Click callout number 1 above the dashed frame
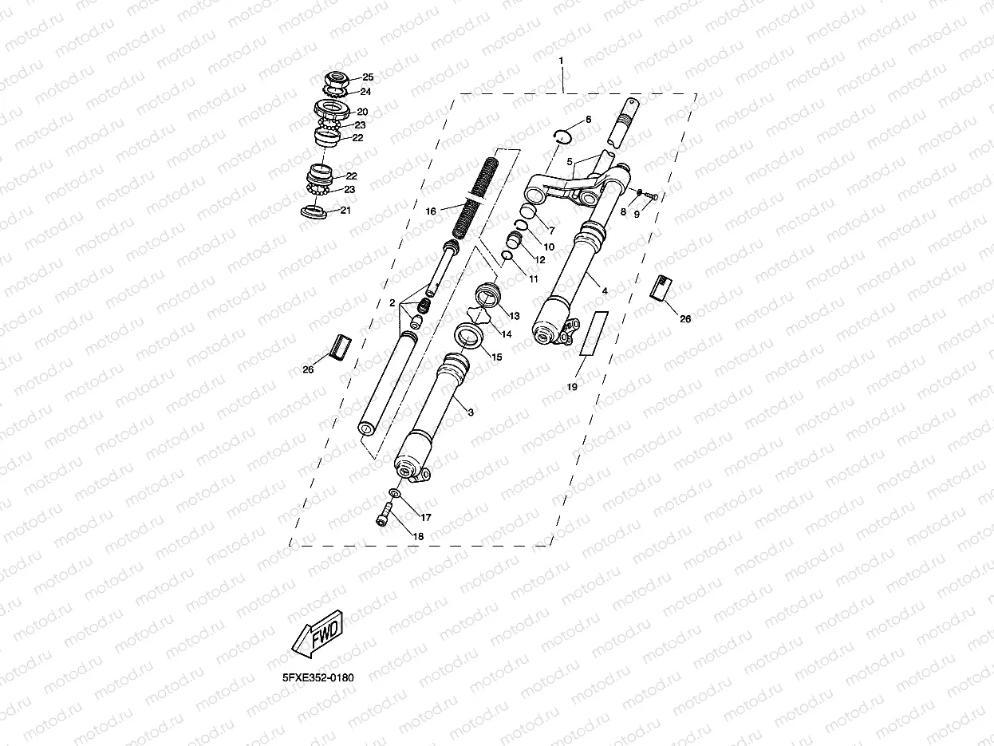(562, 61)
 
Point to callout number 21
(345, 211)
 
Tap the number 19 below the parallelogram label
(572, 386)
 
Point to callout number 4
(604, 291)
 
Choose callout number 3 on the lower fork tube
(471, 412)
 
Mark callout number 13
(515, 316)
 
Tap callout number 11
(534, 279)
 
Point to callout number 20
(361, 112)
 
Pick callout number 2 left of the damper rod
(392, 302)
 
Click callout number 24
(365, 91)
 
